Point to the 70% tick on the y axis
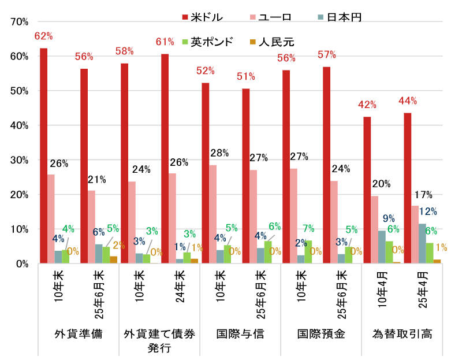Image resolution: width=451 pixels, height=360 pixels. coord(20,22)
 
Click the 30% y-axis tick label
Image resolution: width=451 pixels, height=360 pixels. coord(20,160)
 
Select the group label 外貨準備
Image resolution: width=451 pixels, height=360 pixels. coord(78,334)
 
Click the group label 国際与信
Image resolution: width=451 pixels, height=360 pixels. coord(240,334)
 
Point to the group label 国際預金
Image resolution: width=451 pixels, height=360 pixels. coord(320,334)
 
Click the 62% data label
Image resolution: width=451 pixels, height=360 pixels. coord(43,36)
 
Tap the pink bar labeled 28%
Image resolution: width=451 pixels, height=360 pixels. coord(213,214)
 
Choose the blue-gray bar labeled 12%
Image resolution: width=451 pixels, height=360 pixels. coord(422,243)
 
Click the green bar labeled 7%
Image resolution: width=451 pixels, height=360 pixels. coord(308,252)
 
